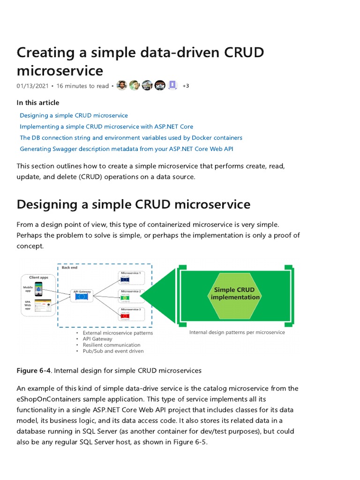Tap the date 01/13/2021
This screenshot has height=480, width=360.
point(32,86)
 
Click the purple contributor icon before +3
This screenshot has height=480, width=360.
point(172,85)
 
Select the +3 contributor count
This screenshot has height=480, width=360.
point(186,86)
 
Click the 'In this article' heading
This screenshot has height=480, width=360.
point(38,103)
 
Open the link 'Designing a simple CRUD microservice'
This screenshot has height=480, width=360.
point(74,115)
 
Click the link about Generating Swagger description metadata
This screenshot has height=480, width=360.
point(127,149)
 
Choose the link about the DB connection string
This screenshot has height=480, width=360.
point(131,138)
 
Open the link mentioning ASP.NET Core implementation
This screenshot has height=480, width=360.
point(106,127)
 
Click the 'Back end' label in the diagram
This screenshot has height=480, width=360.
point(70,268)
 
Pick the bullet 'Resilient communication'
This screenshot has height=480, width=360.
point(105,345)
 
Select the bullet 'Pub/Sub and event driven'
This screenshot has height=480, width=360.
point(113,351)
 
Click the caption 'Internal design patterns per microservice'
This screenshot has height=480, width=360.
point(237,332)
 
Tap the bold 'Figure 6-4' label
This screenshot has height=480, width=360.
point(34,370)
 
